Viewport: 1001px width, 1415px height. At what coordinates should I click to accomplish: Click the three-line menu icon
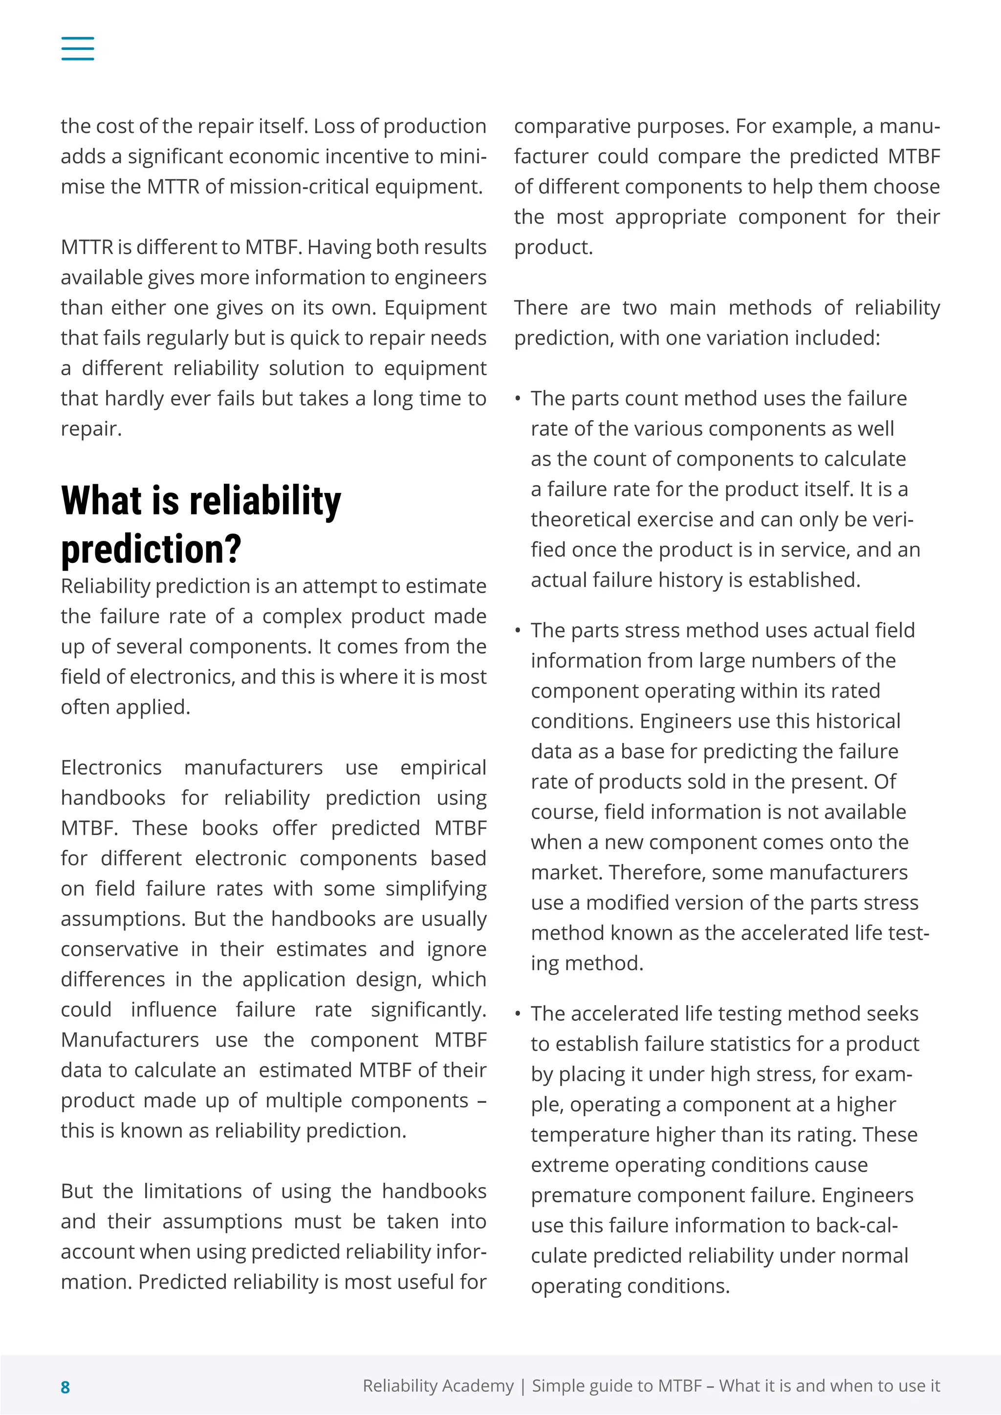point(78,48)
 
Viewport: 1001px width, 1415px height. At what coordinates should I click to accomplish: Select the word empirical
point(443,768)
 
